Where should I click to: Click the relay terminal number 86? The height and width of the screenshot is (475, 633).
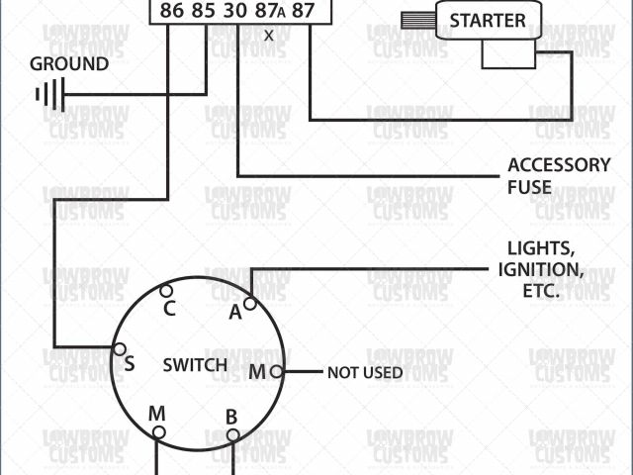(x=170, y=12)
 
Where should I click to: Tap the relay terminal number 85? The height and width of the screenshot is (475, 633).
(x=204, y=12)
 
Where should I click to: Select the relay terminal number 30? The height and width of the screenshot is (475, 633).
(x=236, y=12)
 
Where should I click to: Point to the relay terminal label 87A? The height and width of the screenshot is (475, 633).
(x=269, y=12)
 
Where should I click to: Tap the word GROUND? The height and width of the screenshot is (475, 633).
(x=69, y=64)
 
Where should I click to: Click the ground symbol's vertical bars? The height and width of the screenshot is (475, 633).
(x=45, y=95)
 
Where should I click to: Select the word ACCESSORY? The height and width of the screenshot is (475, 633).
(x=559, y=165)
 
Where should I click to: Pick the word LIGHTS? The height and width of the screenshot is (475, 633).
(x=540, y=247)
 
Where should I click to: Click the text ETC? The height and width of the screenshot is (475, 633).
(x=540, y=291)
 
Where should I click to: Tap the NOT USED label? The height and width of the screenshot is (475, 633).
(x=365, y=373)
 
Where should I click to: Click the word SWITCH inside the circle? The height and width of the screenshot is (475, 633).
(x=195, y=365)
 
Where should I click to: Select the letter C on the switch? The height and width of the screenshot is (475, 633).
(x=170, y=308)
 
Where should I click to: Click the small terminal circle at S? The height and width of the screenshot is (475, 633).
(x=119, y=348)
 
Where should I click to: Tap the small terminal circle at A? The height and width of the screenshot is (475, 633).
(x=250, y=304)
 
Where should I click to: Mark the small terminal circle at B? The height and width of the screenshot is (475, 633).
(x=232, y=434)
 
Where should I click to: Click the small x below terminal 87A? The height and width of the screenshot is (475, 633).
(x=269, y=35)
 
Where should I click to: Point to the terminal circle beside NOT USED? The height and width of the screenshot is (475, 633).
(x=276, y=372)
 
